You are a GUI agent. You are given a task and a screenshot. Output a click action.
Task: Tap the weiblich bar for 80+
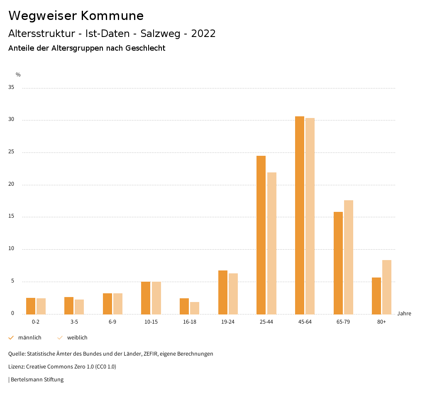click(x=387, y=287)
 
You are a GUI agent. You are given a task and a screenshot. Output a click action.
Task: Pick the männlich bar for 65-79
click(x=338, y=263)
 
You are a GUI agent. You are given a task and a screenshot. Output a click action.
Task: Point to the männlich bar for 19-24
click(x=223, y=292)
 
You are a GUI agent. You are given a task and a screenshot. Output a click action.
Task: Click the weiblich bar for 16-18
click(x=195, y=308)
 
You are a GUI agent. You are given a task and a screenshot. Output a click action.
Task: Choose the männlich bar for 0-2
click(x=31, y=306)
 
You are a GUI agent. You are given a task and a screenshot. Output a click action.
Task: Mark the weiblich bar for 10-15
click(x=156, y=298)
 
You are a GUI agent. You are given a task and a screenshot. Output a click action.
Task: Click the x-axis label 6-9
click(x=112, y=322)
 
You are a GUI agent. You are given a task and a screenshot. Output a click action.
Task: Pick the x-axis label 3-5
click(x=74, y=322)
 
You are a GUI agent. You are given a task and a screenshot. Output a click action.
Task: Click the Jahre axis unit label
click(x=404, y=314)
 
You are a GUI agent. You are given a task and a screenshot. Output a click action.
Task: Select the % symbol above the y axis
click(x=18, y=75)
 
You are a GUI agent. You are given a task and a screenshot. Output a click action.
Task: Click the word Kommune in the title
click(x=112, y=16)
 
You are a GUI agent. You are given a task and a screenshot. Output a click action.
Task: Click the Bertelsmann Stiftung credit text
click(x=37, y=380)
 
